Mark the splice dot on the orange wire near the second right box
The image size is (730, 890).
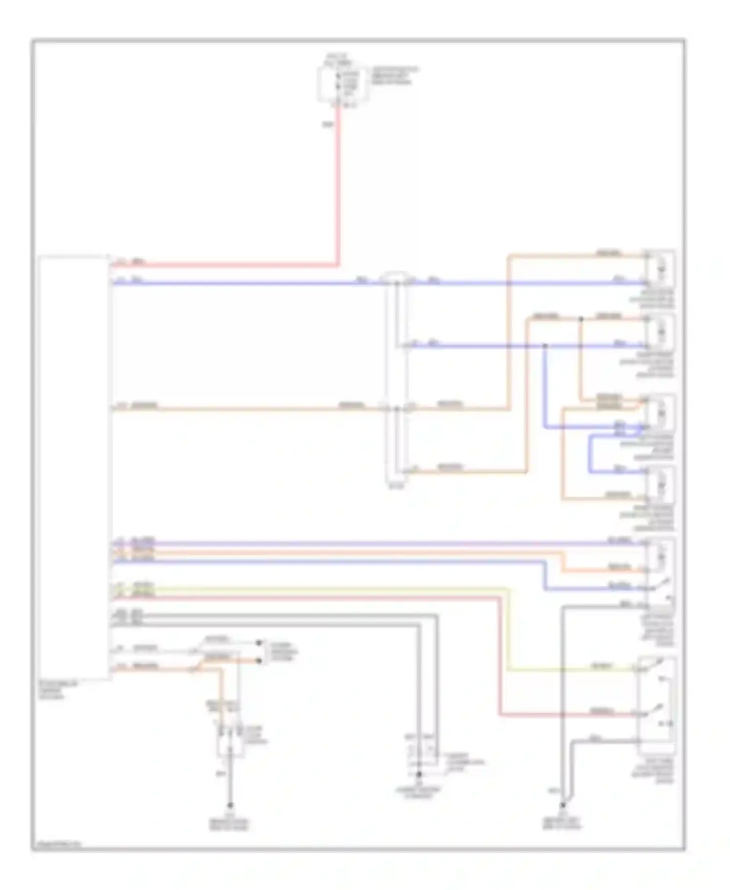(581, 319)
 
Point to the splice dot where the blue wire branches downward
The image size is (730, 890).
(545, 346)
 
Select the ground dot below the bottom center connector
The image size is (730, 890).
(419, 773)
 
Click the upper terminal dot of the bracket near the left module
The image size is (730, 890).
(259, 643)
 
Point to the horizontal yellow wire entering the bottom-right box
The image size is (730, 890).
(574, 670)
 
